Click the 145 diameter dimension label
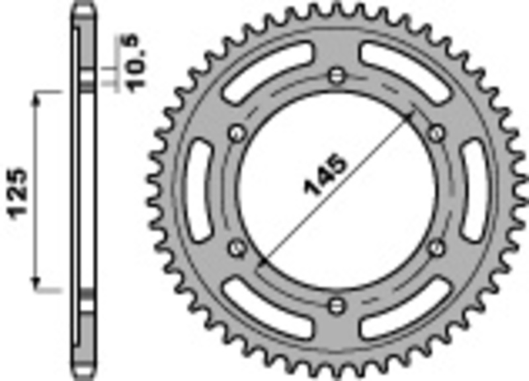[325, 176]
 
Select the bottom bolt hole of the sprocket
[337, 304]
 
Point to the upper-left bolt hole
[235, 134]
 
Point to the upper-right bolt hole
[436, 134]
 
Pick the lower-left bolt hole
[235, 247]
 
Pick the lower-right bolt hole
[436, 247]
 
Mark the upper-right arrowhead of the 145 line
[411, 116]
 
